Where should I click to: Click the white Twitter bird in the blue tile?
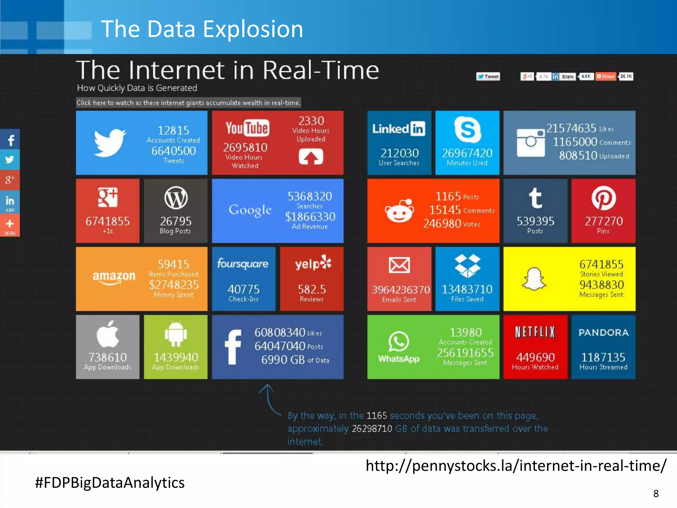[x=109, y=143]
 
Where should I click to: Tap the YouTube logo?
[x=247, y=128]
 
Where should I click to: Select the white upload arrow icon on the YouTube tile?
[x=311, y=156]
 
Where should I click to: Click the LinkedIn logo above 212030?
[x=399, y=129]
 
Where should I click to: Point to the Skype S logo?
[x=467, y=129]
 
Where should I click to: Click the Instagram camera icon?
[x=531, y=143]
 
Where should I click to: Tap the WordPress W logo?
[x=176, y=198]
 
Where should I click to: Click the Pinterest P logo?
[x=603, y=198]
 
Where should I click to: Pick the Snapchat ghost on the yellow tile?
[x=534, y=279]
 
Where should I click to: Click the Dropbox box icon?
[x=467, y=266]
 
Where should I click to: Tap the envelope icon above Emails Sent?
[x=399, y=265]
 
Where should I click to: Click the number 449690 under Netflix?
[x=536, y=357]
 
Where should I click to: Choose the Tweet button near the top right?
[x=488, y=77]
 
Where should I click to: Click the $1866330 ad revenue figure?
[x=310, y=217]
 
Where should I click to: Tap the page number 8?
[x=656, y=493]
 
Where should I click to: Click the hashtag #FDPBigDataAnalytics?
[x=110, y=483]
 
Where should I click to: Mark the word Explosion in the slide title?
[x=253, y=29]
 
